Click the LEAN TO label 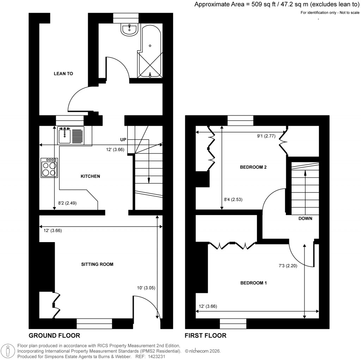[x=63, y=74]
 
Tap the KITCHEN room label [x=91, y=176]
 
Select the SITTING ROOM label [x=97, y=264]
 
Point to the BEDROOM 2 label [x=253, y=167]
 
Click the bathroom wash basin [x=129, y=29]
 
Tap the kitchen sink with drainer [x=71, y=136]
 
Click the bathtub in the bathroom [x=151, y=53]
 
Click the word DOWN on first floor [x=305, y=218]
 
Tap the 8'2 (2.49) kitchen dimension [x=67, y=203]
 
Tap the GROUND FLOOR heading [x=54, y=335]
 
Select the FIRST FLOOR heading [x=206, y=335]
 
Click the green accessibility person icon [x=8, y=351]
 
